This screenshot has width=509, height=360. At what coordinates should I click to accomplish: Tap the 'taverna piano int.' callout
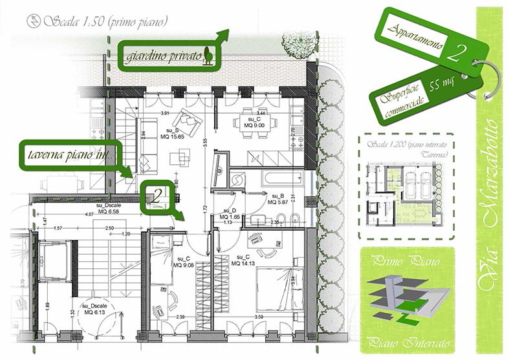67,154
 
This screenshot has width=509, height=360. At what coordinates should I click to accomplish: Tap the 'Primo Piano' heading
406,263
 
